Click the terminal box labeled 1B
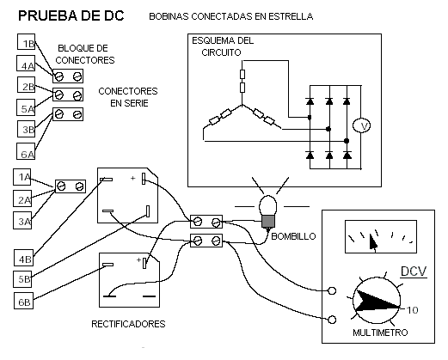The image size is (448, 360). pyautogui.click(x=27, y=42)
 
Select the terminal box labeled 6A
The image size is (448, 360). pyautogui.click(x=26, y=151)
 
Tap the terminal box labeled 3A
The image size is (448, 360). pyautogui.click(x=22, y=221)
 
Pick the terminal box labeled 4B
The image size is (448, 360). pyautogui.click(x=23, y=258)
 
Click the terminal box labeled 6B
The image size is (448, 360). pyautogui.click(x=23, y=301)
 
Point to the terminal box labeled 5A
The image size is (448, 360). pyautogui.click(x=26, y=107)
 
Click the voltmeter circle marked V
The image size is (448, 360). pyautogui.click(x=361, y=125)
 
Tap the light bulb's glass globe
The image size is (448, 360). pyautogui.click(x=267, y=205)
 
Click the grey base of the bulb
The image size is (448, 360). pyautogui.click(x=268, y=222)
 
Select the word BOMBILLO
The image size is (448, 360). pyautogui.click(x=293, y=236)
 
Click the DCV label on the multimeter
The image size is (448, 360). pyautogui.click(x=414, y=272)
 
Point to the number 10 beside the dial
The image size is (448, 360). pyautogui.click(x=413, y=310)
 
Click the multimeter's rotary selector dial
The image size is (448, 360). pyautogui.click(x=377, y=301)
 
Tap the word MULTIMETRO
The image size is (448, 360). pyautogui.click(x=380, y=333)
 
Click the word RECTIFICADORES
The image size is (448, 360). pyautogui.click(x=128, y=324)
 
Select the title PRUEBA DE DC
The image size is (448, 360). pyautogui.click(x=71, y=15)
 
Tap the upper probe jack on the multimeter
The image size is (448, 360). pyautogui.click(x=332, y=291)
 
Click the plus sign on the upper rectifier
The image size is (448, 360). pyautogui.click(x=132, y=178)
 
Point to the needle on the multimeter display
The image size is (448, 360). pyautogui.click(x=373, y=242)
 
